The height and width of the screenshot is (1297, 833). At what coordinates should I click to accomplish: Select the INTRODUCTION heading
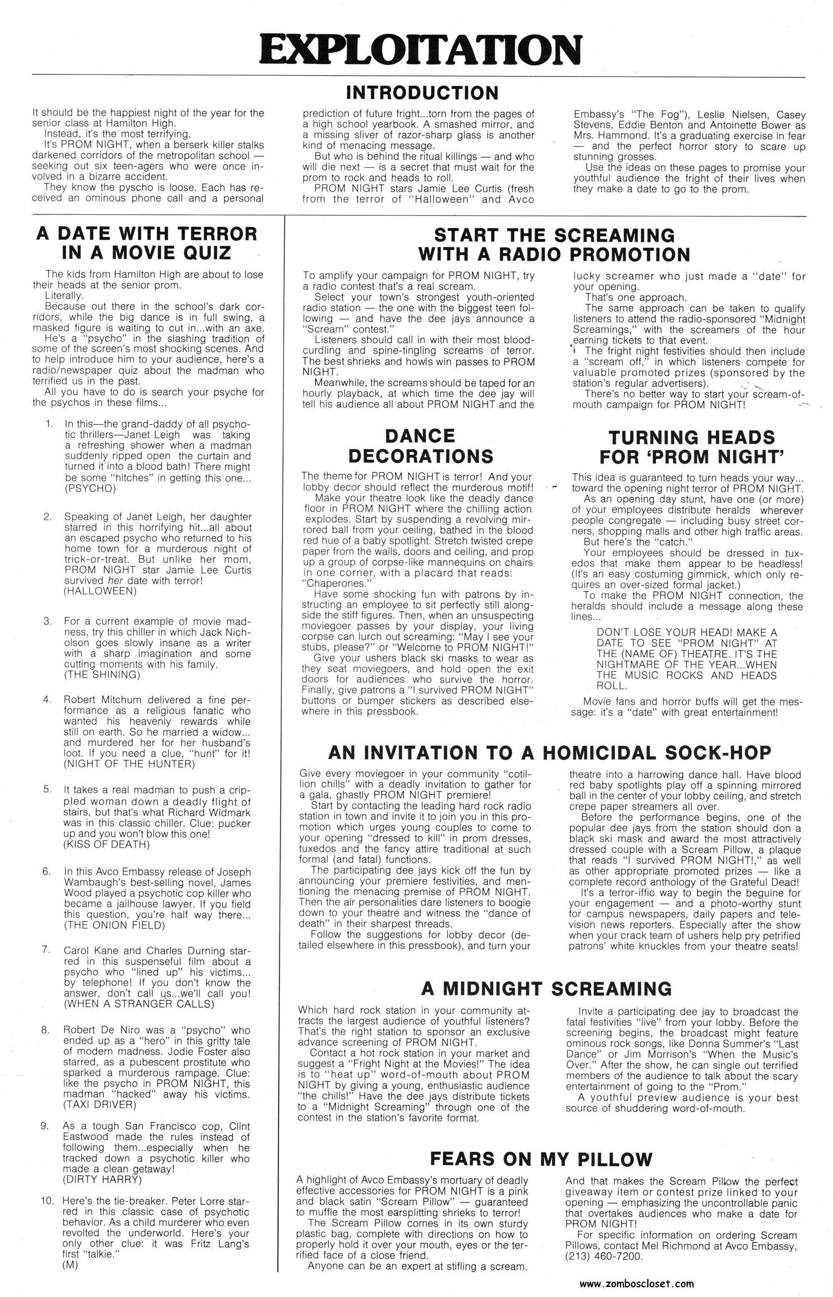coord(422,93)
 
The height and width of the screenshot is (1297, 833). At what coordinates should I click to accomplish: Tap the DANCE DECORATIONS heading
coord(420,446)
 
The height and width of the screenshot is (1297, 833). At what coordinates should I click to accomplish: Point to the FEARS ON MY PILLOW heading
coord(541,1159)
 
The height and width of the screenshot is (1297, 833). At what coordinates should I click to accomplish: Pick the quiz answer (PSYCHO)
coord(90,489)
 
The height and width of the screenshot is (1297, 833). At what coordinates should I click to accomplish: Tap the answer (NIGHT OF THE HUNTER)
coord(128,764)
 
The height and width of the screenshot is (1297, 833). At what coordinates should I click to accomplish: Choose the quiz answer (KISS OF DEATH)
coord(107,844)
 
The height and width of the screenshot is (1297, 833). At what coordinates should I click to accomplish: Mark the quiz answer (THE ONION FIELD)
coord(114,925)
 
